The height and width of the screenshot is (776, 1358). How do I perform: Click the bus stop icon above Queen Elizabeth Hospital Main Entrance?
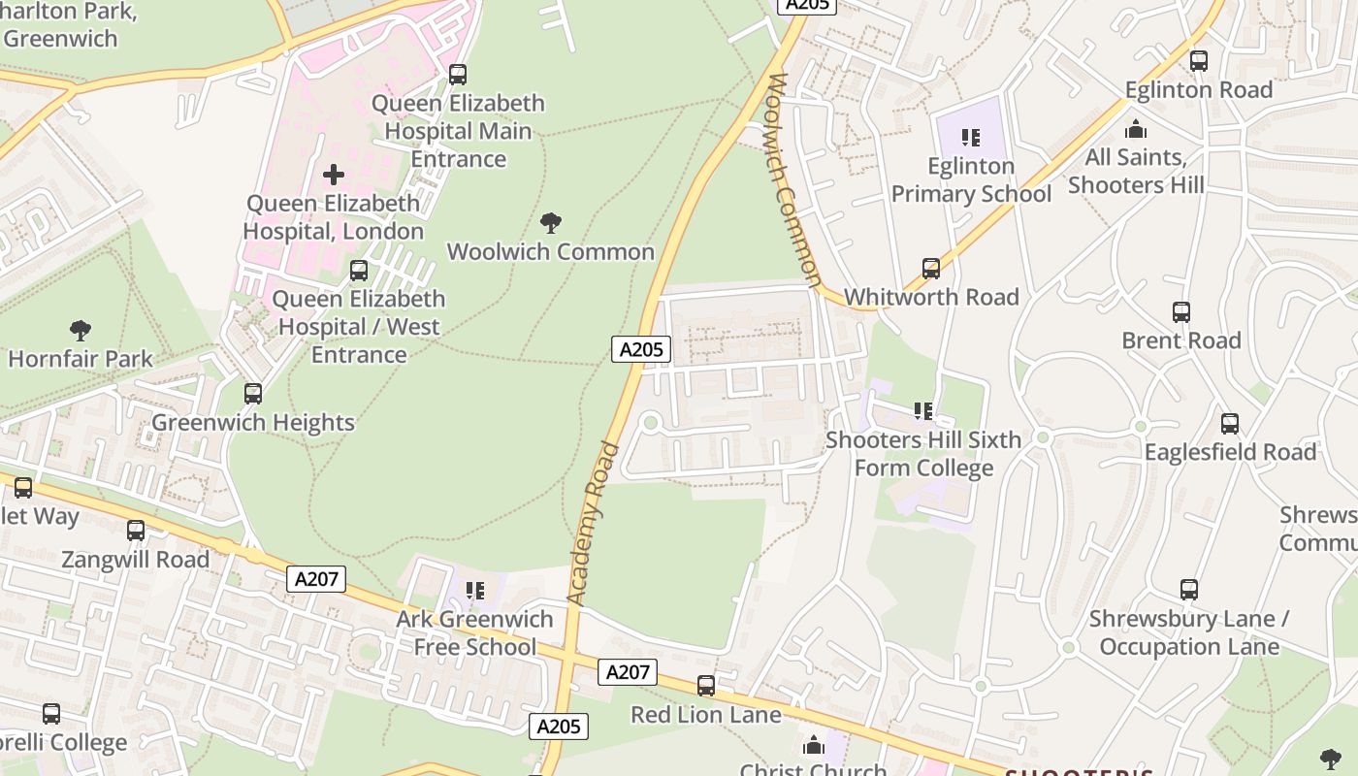457,75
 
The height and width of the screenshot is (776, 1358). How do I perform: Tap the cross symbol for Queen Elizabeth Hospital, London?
334,175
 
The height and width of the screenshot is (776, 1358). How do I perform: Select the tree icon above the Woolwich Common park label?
551,223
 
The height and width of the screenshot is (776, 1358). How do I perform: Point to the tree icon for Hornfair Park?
81,331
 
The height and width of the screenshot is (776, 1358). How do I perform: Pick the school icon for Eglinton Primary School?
970,138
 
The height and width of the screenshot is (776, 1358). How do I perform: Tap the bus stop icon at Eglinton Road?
1199,61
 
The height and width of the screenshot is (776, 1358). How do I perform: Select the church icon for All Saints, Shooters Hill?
1136,129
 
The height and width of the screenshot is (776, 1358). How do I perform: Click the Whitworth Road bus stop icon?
931,269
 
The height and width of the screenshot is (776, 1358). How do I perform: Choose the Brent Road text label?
1180,340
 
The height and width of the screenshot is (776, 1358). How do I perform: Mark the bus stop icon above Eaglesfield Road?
1230,424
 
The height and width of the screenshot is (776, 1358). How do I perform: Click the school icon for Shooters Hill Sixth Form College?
922,411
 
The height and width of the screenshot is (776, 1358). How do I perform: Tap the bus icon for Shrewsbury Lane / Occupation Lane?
1188,590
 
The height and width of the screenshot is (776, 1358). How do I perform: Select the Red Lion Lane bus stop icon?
706,686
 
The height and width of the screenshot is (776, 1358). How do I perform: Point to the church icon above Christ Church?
814,745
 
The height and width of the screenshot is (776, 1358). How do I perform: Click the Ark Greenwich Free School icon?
474,591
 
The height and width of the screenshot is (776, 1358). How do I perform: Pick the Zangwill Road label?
135,560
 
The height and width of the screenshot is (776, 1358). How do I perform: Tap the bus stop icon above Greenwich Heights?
253,394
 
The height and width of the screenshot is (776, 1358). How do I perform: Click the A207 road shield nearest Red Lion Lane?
627,671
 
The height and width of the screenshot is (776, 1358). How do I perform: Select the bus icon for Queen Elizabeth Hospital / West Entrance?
359,271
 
